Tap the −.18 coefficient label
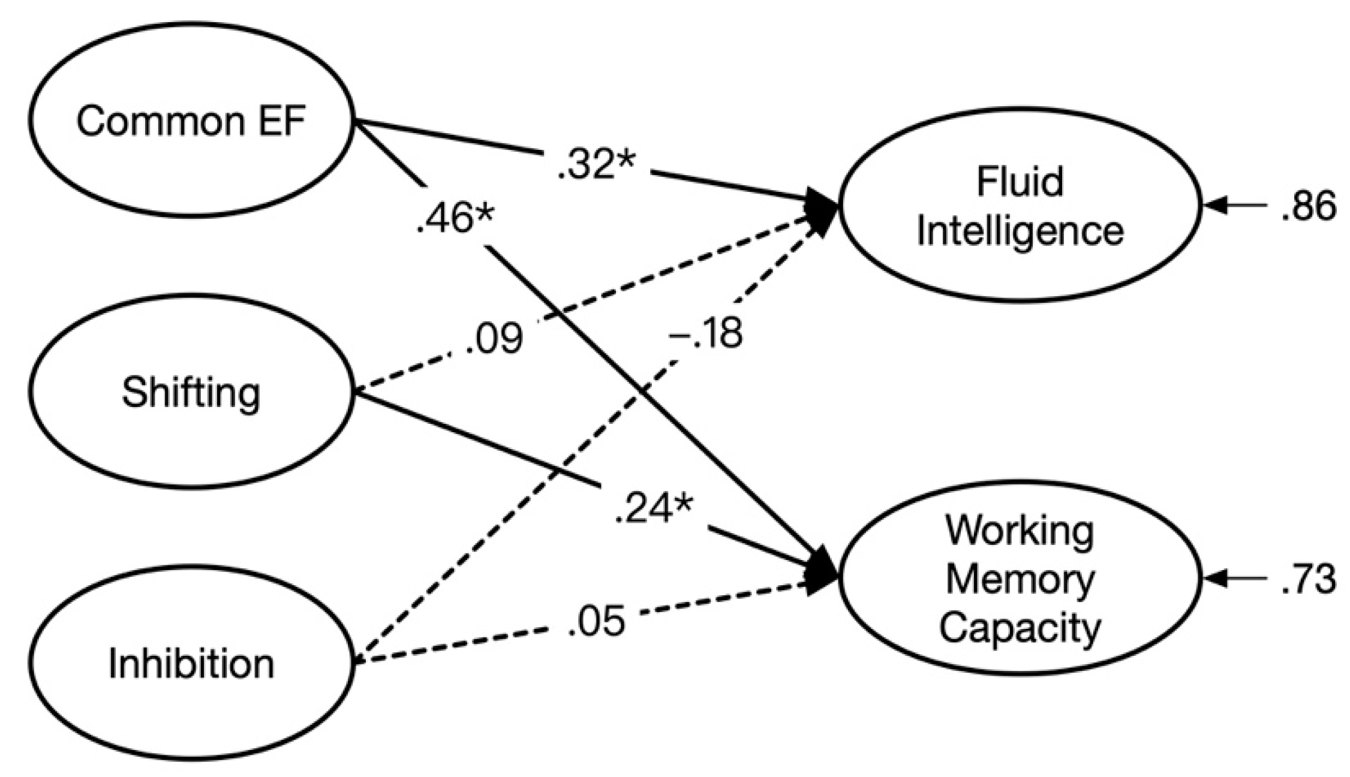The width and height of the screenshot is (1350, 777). tap(705, 333)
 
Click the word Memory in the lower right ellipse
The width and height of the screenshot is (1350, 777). tap(1020, 580)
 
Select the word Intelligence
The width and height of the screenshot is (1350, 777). tap(1020, 231)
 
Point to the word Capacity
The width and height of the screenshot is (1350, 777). tap(1020, 628)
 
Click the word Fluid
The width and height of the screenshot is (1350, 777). tap(1020, 181)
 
